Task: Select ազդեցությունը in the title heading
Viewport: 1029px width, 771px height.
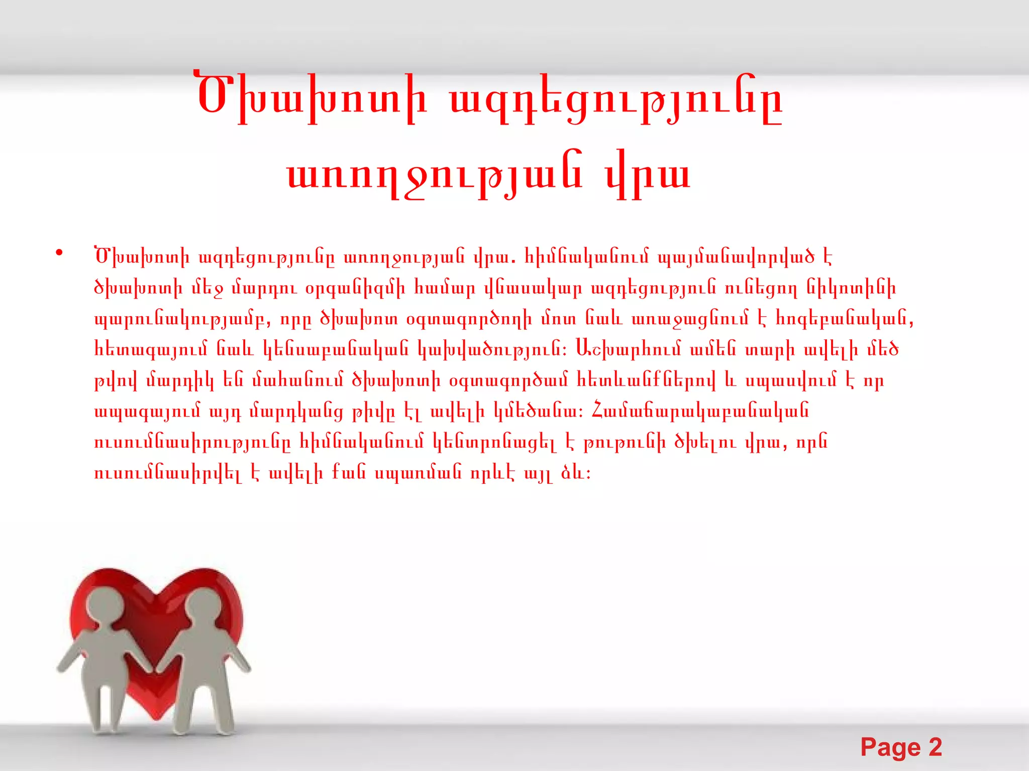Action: tap(616, 99)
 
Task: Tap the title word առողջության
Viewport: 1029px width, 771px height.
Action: tap(435, 176)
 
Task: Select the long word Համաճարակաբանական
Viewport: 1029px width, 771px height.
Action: tap(700, 411)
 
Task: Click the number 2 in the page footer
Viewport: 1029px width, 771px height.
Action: tap(935, 747)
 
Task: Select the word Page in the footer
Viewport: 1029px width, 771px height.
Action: tap(890, 747)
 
